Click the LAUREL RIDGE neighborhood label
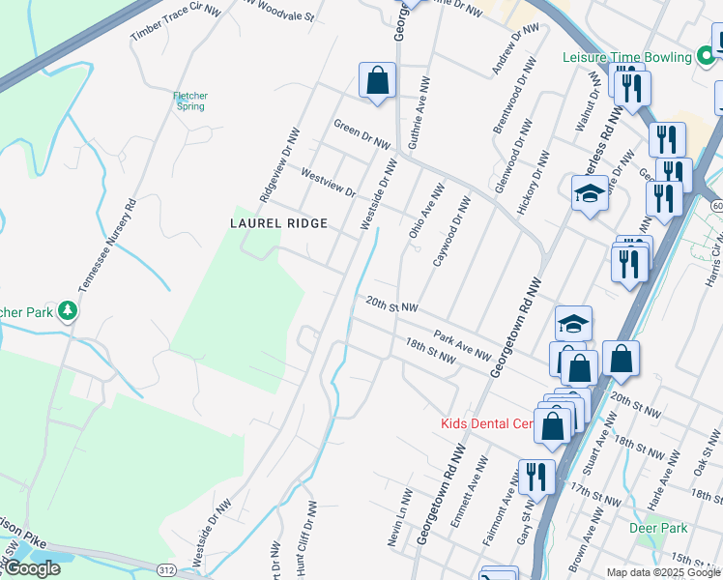coord(278,222)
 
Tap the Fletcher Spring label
coord(189,101)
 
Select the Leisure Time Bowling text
coord(627,57)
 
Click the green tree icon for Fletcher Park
coord(68,310)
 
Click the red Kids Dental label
coord(487,423)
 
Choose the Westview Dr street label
coord(329,180)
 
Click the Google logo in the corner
coord(31,568)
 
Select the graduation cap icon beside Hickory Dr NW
coord(590,194)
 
